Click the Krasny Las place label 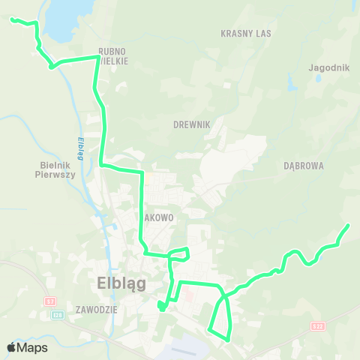(x=246, y=34)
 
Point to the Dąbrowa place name (x=304, y=166)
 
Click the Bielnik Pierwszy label (x=56, y=169)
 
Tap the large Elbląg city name (x=121, y=283)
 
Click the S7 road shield (x=50, y=301)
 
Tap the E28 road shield (x=57, y=315)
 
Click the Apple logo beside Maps (x=11, y=347)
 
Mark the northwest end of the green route (x=11, y=19)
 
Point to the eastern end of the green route (x=349, y=225)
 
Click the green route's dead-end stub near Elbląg (x=160, y=304)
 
